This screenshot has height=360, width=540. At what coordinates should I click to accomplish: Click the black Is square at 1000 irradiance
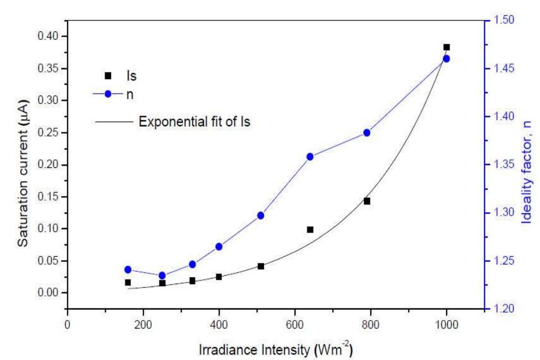click(x=447, y=48)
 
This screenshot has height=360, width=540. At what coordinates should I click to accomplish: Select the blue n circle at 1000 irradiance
click(x=447, y=58)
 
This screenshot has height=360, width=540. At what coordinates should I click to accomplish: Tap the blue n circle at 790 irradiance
click(x=367, y=133)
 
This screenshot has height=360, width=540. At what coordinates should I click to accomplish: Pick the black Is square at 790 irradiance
click(x=367, y=201)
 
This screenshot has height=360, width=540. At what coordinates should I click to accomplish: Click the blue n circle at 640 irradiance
click(x=310, y=157)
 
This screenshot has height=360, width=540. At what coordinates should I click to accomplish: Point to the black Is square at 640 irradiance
click(x=310, y=230)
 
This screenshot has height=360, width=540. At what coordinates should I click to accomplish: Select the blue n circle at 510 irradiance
click(x=261, y=216)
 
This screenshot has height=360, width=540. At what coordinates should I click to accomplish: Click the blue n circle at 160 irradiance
click(x=128, y=270)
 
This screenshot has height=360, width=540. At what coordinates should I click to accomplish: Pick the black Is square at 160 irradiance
click(x=128, y=282)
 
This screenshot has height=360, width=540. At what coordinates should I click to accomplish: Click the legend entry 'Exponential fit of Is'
click(x=194, y=121)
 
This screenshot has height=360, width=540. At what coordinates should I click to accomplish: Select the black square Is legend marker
click(x=108, y=75)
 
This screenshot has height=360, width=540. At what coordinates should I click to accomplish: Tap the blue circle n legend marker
click(x=108, y=94)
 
